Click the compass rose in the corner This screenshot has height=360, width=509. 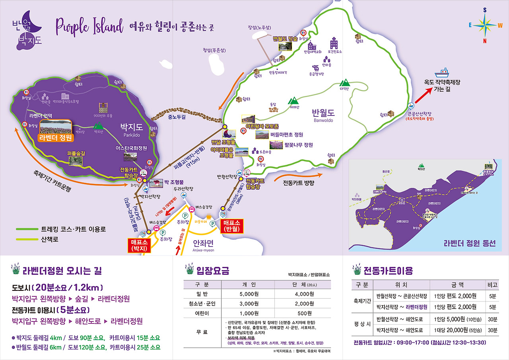tap(485, 25)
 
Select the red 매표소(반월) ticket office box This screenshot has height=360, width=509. tap(231, 226)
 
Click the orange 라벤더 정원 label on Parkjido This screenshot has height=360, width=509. tap(56, 138)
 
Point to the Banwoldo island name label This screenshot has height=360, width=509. tap(323, 115)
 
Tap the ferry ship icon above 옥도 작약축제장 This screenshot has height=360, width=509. tap(441, 72)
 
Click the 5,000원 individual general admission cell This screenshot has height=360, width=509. tap(249, 294)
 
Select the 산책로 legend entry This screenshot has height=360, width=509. tap(49, 239)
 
